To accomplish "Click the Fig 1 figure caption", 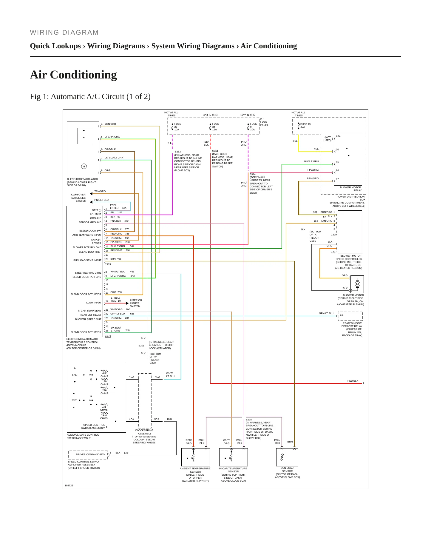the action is coord(90,96).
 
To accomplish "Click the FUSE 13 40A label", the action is coord(305,126).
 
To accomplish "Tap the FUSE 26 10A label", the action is coord(177,127).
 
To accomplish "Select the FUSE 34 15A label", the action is coord(215,127).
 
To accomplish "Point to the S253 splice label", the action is coord(178,152).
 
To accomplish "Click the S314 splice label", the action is coord(253,174).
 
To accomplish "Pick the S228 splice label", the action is coord(249,420).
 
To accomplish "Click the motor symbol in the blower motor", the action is coord(357,284).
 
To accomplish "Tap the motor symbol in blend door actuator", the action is coord(84,166).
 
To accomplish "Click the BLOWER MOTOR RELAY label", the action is coord(351,189).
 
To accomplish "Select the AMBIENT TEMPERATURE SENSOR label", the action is coord(195,470).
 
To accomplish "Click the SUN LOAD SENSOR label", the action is coord(287,469).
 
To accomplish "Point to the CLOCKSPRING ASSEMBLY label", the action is coord(144,432).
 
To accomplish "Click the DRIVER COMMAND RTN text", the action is coord(91,454).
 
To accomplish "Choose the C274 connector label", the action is coord(108,264).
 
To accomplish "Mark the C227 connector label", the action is coord(334,252).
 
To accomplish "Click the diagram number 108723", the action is coord(69,485).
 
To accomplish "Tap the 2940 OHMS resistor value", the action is coord(104,417).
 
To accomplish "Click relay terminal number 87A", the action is coord(338,136).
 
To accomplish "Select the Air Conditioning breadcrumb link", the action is coord(269,46).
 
